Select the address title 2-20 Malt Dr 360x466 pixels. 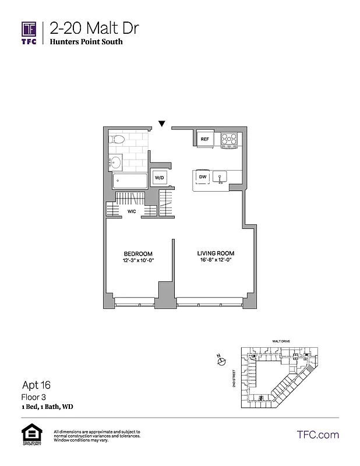click(94, 28)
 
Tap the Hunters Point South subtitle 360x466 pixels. click(86, 42)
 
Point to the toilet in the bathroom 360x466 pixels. click(117, 140)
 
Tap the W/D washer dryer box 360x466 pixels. click(158, 178)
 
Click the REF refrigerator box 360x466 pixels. click(204, 139)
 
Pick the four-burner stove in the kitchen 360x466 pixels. click(229, 139)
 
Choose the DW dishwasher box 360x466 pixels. click(203, 176)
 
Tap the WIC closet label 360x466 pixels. click(132, 211)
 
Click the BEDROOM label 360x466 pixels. click(138, 253)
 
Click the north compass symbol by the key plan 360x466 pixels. click(221, 362)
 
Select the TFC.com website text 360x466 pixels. click(317, 435)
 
